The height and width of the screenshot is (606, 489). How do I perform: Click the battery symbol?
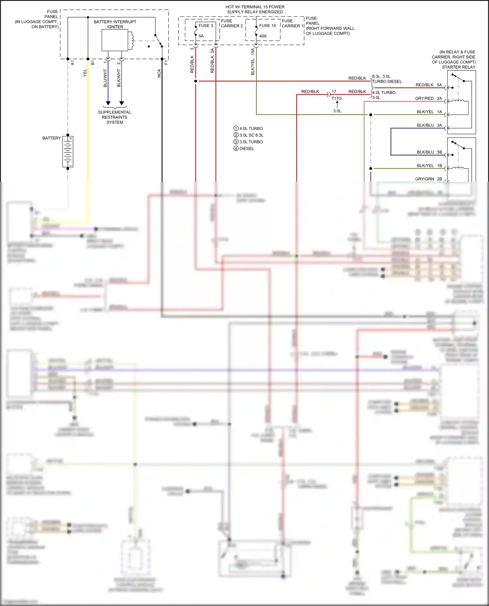pyautogui.click(x=68, y=152)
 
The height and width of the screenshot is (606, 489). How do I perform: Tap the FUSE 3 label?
pyautogui.click(x=206, y=25)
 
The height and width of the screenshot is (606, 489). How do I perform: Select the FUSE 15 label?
pyautogui.click(x=267, y=25)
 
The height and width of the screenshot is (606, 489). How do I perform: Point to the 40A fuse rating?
pyautogui.click(x=263, y=36)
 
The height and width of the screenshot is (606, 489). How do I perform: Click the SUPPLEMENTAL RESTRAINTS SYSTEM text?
pyautogui.click(x=114, y=117)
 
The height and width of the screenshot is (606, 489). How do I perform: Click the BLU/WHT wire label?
pyautogui.click(x=105, y=78)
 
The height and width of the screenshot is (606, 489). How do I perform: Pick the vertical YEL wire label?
pyautogui.click(x=85, y=73)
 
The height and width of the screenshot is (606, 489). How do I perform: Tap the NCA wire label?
pyautogui.click(x=159, y=73)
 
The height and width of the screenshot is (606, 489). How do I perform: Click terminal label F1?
pyautogui.click(x=166, y=63)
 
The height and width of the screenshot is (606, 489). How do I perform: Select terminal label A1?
pyautogui.click(x=72, y=63)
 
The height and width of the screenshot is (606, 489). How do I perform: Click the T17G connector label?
pyautogui.click(x=336, y=98)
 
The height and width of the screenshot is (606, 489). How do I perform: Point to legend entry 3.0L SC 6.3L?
pyautogui.click(x=251, y=135)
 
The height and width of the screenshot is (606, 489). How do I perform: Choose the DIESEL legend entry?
pyautogui.click(x=246, y=148)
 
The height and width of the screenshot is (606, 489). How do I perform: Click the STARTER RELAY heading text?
pyautogui.click(x=458, y=67)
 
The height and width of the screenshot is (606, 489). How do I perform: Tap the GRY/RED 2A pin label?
pyautogui.click(x=428, y=98)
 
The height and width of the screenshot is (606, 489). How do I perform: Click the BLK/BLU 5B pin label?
pyautogui.click(x=429, y=152)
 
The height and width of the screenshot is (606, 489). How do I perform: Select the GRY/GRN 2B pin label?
pyautogui.click(x=428, y=179)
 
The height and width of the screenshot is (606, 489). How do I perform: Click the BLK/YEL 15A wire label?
pyautogui.click(x=253, y=62)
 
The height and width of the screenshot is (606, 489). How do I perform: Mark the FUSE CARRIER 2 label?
pyautogui.click(x=232, y=23)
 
